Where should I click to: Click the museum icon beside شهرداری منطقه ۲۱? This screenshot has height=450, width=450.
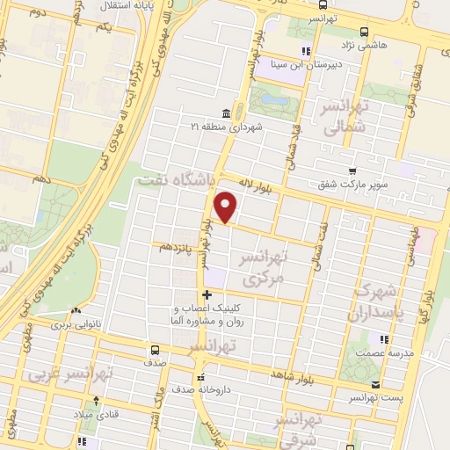point(226,113)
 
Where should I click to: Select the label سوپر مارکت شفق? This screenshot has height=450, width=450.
point(352,185)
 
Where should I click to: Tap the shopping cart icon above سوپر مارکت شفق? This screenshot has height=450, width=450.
point(352,171)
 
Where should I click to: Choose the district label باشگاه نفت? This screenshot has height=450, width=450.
point(173,179)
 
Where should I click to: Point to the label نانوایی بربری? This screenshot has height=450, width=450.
point(76,323)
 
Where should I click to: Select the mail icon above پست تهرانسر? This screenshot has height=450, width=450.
point(377,385)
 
